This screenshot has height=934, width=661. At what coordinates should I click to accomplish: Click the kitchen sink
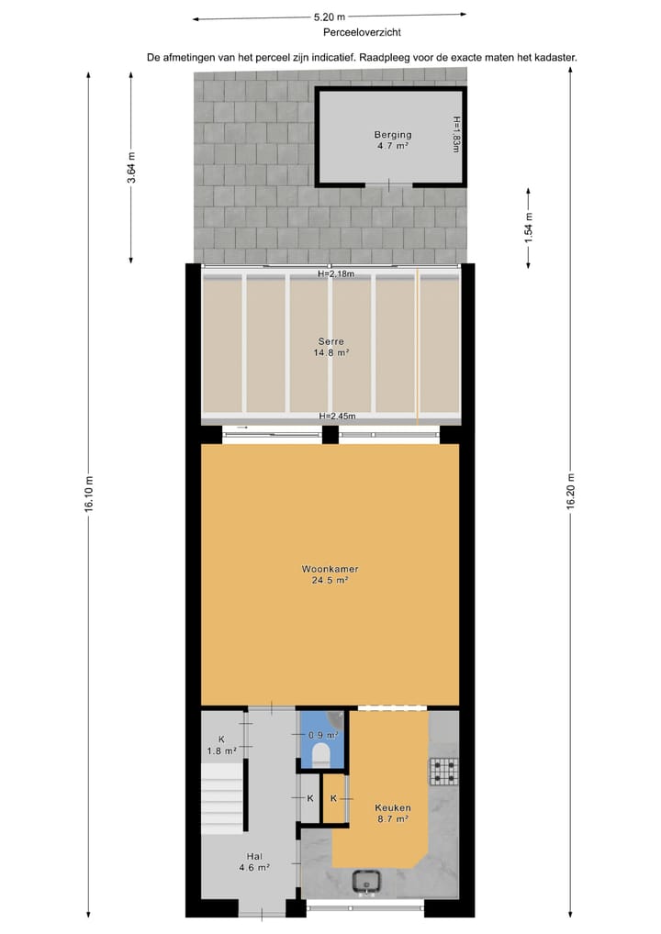(368, 881)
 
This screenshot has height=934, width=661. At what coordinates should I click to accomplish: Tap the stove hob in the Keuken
(443, 772)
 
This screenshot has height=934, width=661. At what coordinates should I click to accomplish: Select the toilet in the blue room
(321, 754)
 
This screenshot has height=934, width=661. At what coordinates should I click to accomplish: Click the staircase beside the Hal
(223, 797)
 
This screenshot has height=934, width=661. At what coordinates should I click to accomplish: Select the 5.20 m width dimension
(329, 17)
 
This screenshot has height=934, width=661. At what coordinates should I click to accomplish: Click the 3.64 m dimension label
(131, 168)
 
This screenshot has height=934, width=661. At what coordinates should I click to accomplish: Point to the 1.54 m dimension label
(528, 228)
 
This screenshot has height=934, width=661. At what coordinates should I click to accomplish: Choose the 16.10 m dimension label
(89, 495)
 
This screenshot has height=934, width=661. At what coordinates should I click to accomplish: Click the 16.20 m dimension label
(571, 495)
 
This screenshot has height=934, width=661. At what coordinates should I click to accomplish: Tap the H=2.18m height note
(335, 273)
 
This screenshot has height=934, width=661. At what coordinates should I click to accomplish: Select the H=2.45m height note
(337, 417)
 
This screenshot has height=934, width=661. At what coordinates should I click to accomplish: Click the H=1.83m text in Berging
(456, 134)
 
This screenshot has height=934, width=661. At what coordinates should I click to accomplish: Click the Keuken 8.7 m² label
(392, 813)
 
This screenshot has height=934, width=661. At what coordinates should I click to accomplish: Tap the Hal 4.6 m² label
(254, 862)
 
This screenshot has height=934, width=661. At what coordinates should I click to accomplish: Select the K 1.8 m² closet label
(221, 745)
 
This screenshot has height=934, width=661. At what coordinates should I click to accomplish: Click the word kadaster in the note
(554, 57)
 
